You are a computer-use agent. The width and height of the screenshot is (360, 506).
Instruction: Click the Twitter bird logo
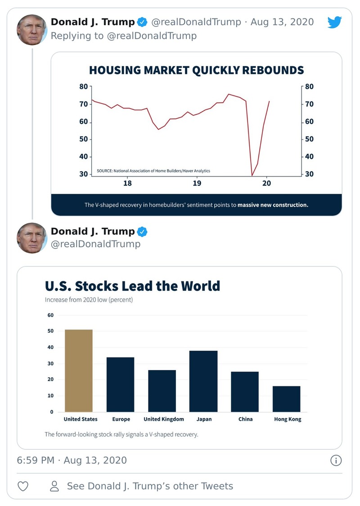click(334, 22)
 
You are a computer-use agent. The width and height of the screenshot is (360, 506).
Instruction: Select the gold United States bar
click(79, 370)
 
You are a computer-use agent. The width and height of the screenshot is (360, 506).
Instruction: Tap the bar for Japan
click(203, 381)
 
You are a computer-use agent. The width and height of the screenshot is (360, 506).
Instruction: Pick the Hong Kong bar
click(286, 398)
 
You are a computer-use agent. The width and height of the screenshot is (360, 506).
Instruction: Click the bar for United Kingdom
click(162, 391)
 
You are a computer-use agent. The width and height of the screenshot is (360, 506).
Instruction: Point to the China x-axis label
click(245, 419)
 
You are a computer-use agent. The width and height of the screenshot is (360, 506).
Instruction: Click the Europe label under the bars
click(121, 419)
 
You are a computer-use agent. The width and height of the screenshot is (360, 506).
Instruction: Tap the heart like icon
click(23, 486)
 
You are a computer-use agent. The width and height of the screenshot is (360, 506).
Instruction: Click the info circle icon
click(336, 460)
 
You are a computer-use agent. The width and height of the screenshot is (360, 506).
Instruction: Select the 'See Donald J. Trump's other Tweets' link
click(150, 486)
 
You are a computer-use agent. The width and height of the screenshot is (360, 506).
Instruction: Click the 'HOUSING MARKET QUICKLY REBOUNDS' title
click(196, 70)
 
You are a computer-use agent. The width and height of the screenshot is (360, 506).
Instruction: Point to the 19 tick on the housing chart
click(197, 183)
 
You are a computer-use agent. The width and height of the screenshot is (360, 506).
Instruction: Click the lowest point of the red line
click(252, 175)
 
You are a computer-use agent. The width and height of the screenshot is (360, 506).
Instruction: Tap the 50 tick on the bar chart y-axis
click(50, 331)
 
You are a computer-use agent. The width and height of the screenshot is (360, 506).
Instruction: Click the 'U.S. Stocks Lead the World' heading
click(132, 286)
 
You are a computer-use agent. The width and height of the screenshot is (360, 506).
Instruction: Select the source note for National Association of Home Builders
click(153, 171)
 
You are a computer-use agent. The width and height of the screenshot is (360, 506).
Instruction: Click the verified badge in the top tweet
click(143, 22)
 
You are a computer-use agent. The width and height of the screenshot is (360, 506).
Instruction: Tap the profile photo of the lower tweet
click(32, 238)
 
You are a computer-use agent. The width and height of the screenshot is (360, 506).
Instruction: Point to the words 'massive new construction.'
click(273, 205)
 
